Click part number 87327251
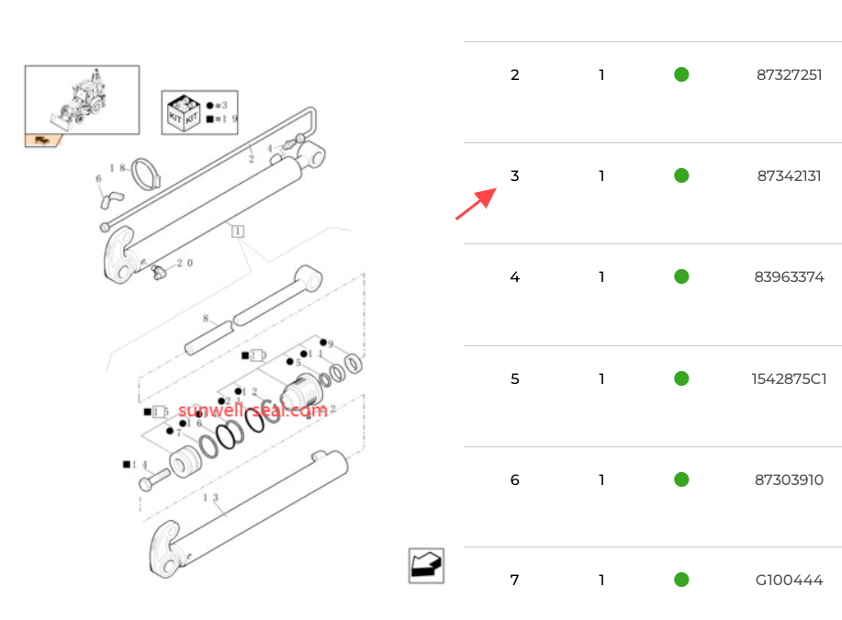tap(789, 74)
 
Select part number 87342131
tap(789, 175)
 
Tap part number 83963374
tap(789, 276)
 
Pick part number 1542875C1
tap(789, 378)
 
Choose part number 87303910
tap(789, 479)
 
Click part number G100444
tap(789, 581)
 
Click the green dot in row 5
tap(681, 378)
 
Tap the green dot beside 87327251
tap(681, 74)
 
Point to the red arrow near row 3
tap(476, 204)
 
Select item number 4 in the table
tap(514, 276)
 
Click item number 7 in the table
tap(514, 581)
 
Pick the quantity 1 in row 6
tap(601, 479)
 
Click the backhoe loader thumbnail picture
tap(82, 99)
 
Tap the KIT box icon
tap(181, 113)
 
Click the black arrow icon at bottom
tap(426, 566)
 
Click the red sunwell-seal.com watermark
tap(253, 411)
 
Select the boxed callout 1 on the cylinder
tap(237, 231)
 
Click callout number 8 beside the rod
tap(206, 320)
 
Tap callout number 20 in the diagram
tap(184, 263)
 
